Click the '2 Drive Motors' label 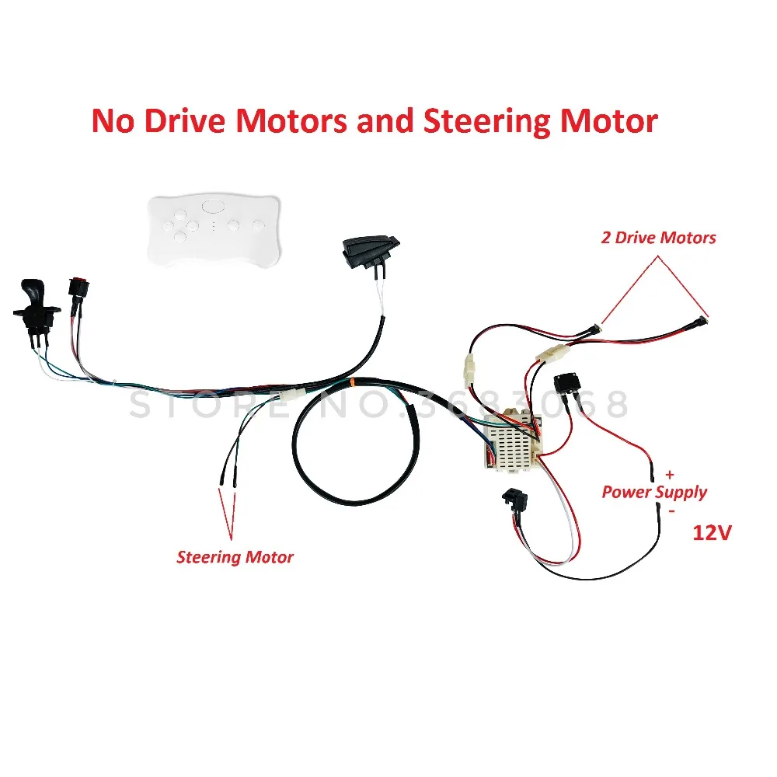coord(658,238)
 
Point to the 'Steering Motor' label coord(235,556)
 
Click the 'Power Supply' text coord(654,492)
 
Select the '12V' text coord(713,534)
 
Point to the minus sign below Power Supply coord(671,512)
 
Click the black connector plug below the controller coord(518,501)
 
